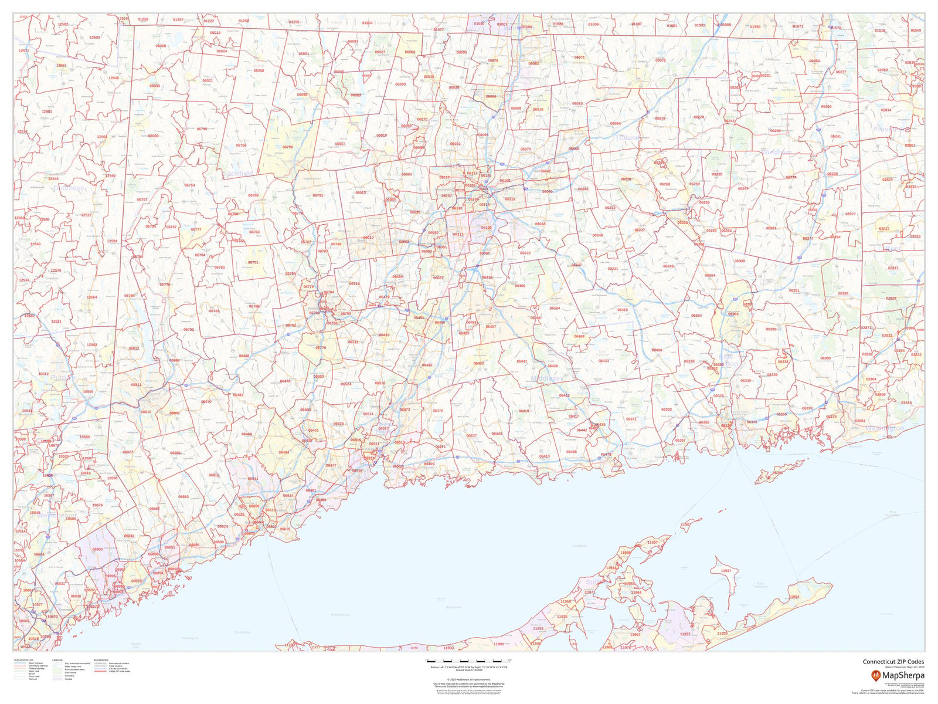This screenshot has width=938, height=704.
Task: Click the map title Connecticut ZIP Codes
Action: [x=893, y=662]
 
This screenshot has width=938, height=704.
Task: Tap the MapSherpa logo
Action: [x=897, y=675]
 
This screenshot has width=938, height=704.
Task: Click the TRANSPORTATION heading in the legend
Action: [x=23, y=660]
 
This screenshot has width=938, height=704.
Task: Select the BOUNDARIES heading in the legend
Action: [x=101, y=660]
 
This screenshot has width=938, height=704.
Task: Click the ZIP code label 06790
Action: [x=287, y=147]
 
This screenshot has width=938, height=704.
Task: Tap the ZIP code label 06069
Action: [x=153, y=136]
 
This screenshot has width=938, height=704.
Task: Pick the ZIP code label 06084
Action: [x=615, y=124]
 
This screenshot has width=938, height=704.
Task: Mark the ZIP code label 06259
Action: [x=775, y=131]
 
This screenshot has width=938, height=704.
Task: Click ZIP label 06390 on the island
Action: [x=778, y=473]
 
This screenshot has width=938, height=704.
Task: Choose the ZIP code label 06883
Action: [x=183, y=497]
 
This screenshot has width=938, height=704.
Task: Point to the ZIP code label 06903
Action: [x=97, y=550]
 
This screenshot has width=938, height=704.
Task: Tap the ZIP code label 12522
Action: [x=86, y=215]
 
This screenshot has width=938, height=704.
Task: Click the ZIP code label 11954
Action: [x=794, y=597]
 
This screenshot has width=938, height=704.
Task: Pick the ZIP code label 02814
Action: [x=886, y=110]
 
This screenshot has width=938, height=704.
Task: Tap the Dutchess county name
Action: [x=69, y=188]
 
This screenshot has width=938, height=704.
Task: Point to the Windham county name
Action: [x=776, y=153]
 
